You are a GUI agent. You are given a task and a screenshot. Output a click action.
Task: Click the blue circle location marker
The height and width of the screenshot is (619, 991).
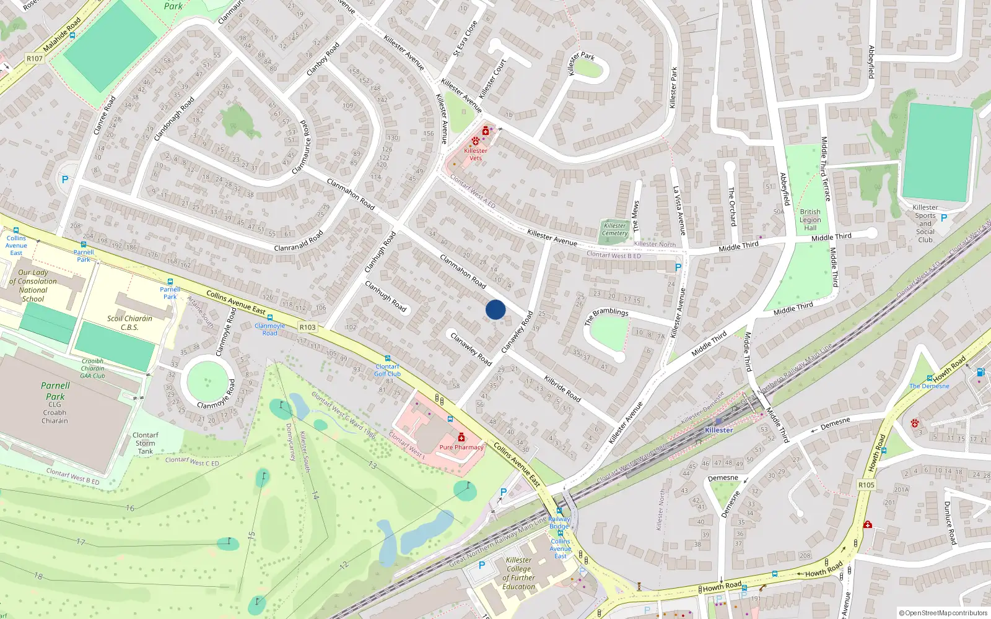pyautogui.click(x=495, y=309)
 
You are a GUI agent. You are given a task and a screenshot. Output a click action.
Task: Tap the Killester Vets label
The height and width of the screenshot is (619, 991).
pyautogui.click(x=476, y=154)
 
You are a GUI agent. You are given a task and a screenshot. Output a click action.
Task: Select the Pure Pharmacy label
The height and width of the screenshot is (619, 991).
pyautogui.click(x=461, y=447)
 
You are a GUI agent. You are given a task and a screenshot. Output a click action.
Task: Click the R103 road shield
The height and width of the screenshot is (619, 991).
pyautogui.click(x=307, y=327)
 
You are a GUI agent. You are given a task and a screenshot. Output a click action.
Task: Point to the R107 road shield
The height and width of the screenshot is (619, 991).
pyautogui.click(x=35, y=59)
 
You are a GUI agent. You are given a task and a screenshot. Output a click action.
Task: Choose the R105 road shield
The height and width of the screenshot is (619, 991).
pyautogui.click(x=866, y=485)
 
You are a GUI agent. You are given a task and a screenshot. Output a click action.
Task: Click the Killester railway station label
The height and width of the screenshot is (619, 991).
pyautogui.click(x=718, y=430)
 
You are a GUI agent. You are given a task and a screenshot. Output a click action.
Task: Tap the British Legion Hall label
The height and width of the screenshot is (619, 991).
pyautogui.click(x=810, y=220)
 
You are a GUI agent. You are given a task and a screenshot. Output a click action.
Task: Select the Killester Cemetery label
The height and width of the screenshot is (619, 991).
pyautogui.click(x=615, y=229)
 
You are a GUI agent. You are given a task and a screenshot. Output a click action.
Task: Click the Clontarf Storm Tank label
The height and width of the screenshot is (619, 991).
pyautogui.click(x=146, y=443)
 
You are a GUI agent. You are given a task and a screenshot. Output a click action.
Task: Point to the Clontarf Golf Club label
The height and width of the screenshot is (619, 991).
pyautogui.click(x=388, y=370)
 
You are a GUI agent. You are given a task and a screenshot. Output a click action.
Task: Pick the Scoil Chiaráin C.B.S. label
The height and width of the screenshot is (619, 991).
pyautogui.click(x=129, y=322)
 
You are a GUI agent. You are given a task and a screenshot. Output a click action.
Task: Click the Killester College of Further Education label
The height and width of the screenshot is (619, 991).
pyautogui.click(x=519, y=573)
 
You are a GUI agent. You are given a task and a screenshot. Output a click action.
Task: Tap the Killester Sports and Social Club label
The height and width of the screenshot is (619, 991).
pyautogui.click(x=925, y=223)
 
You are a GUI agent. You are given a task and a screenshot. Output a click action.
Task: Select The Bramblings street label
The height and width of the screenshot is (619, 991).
pyautogui.click(x=606, y=316)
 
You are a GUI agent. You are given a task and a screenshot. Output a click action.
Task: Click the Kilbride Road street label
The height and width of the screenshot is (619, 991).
pyautogui.click(x=562, y=388)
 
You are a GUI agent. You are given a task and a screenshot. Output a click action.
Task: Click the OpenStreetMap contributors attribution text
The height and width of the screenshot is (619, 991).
pyautogui.click(x=943, y=613)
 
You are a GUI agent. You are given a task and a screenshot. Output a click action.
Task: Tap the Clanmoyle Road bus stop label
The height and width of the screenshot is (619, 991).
pyautogui.click(x=270, y=329)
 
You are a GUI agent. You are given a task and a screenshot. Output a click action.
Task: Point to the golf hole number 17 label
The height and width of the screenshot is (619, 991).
pyautogui.click(x=81, y=542)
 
